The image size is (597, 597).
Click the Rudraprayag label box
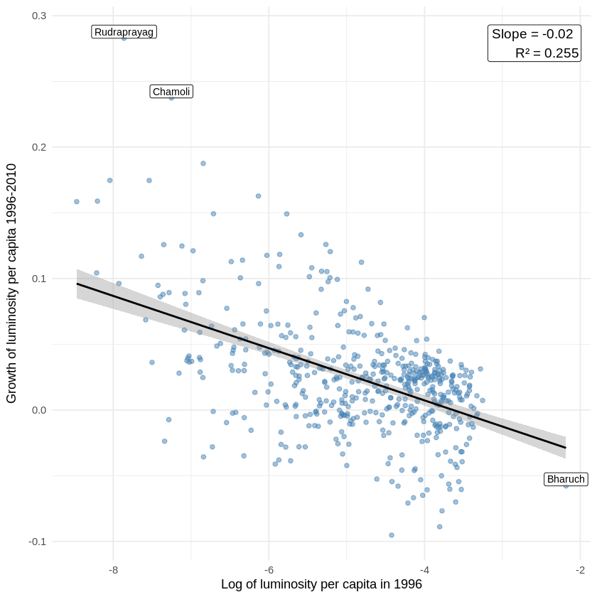tap(124, 32)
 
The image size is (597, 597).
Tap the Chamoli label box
tap(171, 92)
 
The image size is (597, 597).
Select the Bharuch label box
tap(566, 479)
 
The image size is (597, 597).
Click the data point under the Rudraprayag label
tap(124, 38)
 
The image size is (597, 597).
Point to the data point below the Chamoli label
tap(171, 98)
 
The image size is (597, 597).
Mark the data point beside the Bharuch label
tap(566, 485)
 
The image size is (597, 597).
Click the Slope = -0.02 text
tap(532, 34)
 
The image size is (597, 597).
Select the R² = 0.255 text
tap(547, 53)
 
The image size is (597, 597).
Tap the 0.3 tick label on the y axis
tap(38, 16)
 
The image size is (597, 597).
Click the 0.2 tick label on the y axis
tap(38, 147)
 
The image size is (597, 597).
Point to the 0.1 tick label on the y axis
tap(38, 279)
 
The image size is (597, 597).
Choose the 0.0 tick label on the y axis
tap(38, 410)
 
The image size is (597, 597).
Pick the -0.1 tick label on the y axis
tap(37, 542)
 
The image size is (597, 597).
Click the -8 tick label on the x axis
tap(113, 570)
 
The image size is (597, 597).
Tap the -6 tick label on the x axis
tap(269, 570)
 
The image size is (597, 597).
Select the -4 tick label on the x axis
tap(424, 570)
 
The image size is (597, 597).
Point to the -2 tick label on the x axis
tap(580, 570)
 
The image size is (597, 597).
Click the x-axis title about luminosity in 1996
tap(321, 584)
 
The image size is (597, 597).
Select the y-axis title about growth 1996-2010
tap(12, 283)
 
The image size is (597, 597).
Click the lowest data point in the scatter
tap(392, 535)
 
